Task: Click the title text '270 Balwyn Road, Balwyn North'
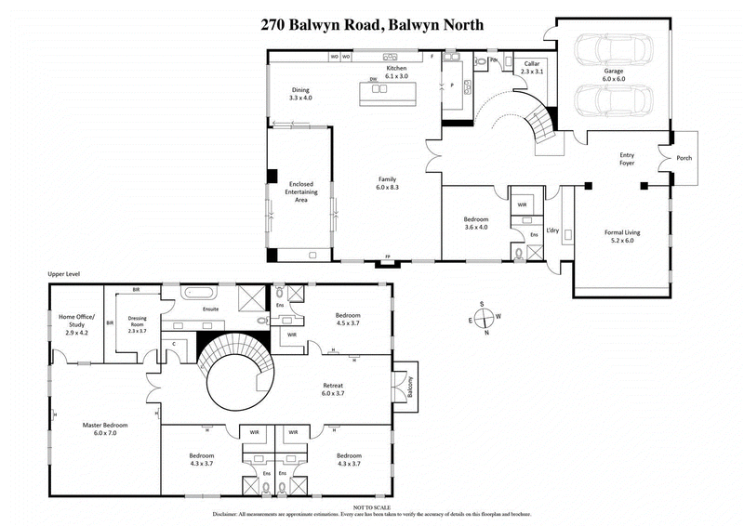point(372,25)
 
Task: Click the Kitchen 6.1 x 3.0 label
point(397,73)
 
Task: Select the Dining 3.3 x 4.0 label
point(300,93)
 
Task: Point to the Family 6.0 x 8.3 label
point(388,183)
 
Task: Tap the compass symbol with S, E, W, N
point(483,319)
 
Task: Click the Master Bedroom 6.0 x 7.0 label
point(104,429)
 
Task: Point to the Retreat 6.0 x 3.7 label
point(333,388)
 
